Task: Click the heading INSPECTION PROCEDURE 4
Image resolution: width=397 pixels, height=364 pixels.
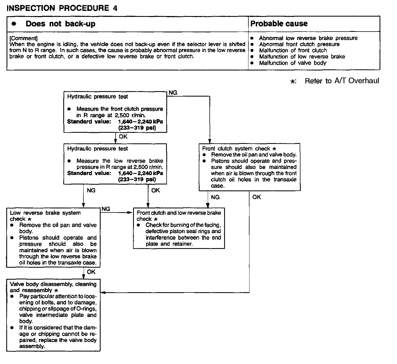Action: coord(62,8)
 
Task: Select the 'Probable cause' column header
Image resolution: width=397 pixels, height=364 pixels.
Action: coord(279,24)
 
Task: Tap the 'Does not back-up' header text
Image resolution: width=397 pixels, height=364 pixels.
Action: coord(60,24)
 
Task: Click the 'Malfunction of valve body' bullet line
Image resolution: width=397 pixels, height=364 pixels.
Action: coord(292,63)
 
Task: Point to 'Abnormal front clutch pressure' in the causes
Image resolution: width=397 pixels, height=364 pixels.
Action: coord(299,44)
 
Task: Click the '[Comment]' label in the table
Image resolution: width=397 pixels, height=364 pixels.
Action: coord(23,38)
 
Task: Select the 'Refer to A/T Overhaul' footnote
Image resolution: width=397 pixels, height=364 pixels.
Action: coord(341,81)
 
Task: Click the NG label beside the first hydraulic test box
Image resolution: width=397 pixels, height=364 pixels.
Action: coord(173,93)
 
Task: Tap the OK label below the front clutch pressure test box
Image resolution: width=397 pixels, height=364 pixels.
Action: coord(123,137)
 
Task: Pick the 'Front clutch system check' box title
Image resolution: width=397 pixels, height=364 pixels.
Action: coord(236,149)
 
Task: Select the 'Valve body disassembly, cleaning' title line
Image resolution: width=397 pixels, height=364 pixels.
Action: coord(53,284)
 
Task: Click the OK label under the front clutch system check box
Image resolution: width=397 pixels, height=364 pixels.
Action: coord(256,197)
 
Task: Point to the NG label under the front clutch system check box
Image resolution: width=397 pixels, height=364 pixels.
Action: coord(215,197)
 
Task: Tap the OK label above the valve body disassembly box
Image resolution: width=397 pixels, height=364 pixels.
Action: coord(91,272)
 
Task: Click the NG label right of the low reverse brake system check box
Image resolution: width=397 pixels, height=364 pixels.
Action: coord(106,209)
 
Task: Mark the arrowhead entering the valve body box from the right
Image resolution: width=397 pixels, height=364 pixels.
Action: coord(103,293)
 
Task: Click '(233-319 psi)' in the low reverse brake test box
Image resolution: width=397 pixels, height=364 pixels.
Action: coord(137,180)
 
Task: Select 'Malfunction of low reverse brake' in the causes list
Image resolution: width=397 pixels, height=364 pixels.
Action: coord(302,57)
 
